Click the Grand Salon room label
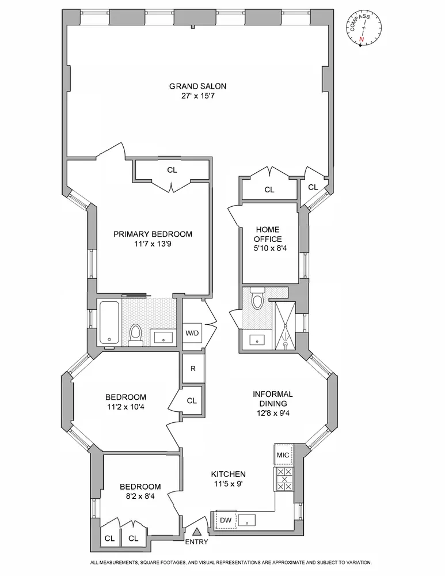point(197,86)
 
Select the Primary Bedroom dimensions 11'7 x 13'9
point(153,244)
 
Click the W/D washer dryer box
point(192,333)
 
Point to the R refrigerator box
point(192,369)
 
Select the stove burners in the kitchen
point(284,479)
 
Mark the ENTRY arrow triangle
point(197,532)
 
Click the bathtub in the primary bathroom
point(109,322)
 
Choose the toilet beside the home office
point(257,300)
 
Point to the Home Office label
point(269,234)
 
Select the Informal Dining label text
point(273,399)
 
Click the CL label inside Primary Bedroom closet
point(172,170)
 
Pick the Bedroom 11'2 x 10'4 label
point(125,401)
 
